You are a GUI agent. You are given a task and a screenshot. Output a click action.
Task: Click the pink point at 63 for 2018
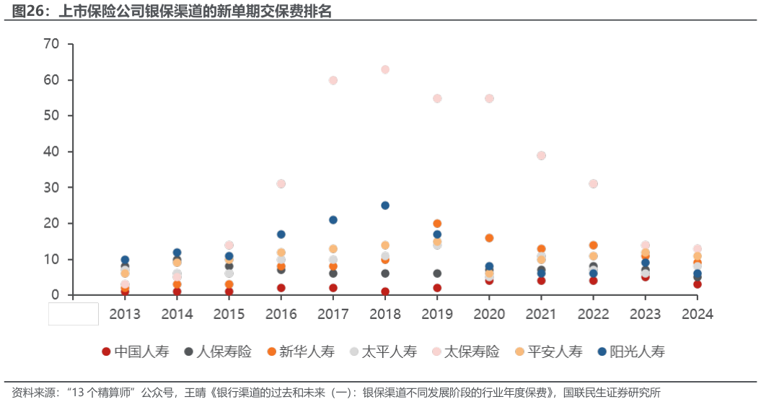pos(385,69)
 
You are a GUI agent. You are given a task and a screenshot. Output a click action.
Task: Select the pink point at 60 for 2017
pos(333,80)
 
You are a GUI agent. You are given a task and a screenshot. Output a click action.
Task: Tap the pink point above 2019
pos(437,98)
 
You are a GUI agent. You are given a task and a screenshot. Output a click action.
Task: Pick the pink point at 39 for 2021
pos(541,155)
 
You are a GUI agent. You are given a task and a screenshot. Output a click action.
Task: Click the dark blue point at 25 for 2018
pos(385,206)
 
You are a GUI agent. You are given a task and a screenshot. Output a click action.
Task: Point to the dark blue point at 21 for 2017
pos(333,220)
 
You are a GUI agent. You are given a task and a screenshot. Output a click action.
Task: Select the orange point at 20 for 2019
pos(437,224)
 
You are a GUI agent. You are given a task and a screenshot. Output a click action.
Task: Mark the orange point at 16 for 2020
pos(489,238)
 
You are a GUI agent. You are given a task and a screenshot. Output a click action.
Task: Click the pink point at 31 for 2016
pos(281,184)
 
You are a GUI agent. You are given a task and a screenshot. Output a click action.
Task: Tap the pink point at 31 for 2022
pos(593,184)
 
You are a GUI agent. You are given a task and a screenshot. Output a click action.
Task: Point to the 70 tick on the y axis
pos(51,44)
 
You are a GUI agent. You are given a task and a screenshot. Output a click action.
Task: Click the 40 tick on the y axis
pos(51,152)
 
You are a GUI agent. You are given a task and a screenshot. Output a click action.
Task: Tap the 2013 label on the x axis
pos(125,314)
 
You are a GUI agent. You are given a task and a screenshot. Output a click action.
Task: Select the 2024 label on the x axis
pos(697,314)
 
